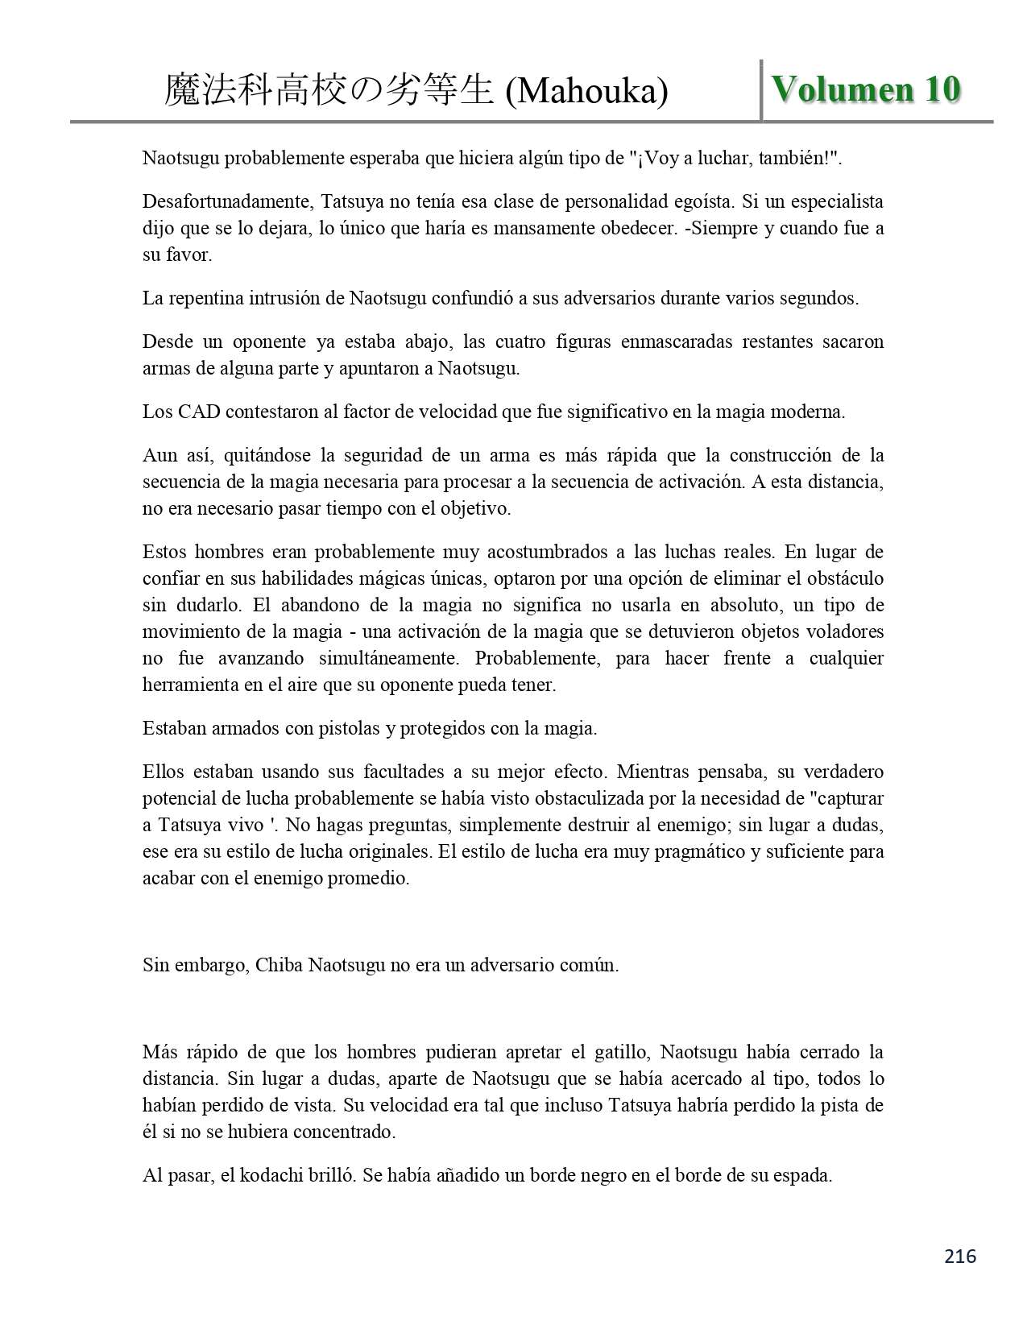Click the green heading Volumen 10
click(866, 89)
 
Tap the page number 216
click(960, 1256)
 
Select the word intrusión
click(288, 298)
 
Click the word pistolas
click(332, 728)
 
